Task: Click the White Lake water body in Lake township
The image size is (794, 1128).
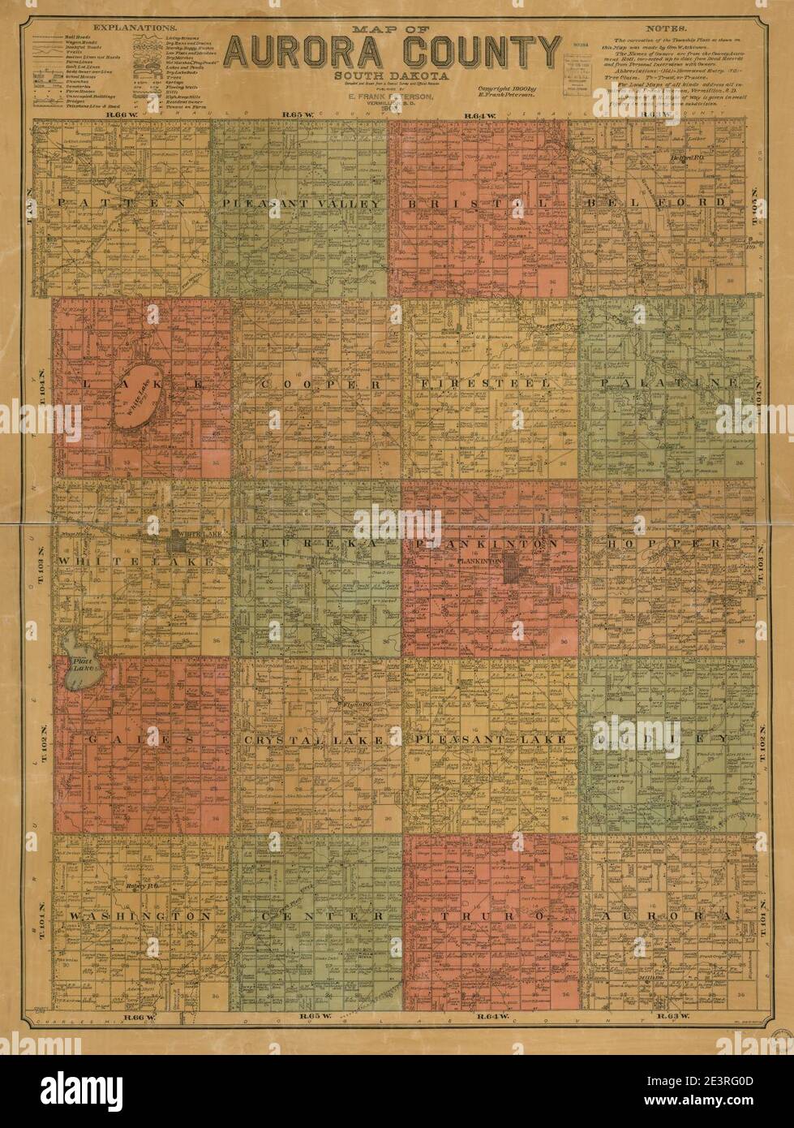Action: coord(144,400)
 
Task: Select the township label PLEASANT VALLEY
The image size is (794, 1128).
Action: coord(298,203)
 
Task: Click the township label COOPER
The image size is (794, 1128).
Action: coord(320,382)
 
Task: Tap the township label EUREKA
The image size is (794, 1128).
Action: coord(319,544)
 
